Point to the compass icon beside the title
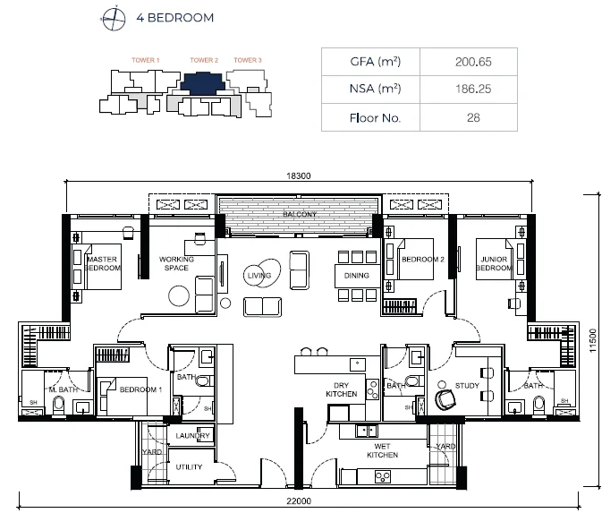(x=114, y=16)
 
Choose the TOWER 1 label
(x=145, y=60)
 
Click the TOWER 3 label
(x=248, y=60)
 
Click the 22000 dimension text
(x=300, y=502)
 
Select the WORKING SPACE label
(x=174, y=263)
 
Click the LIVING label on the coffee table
(x=259, y=277)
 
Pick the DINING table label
(x=356, y=276)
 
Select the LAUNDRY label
(x=192, y=436)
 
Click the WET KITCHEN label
(x=381, y=450)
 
